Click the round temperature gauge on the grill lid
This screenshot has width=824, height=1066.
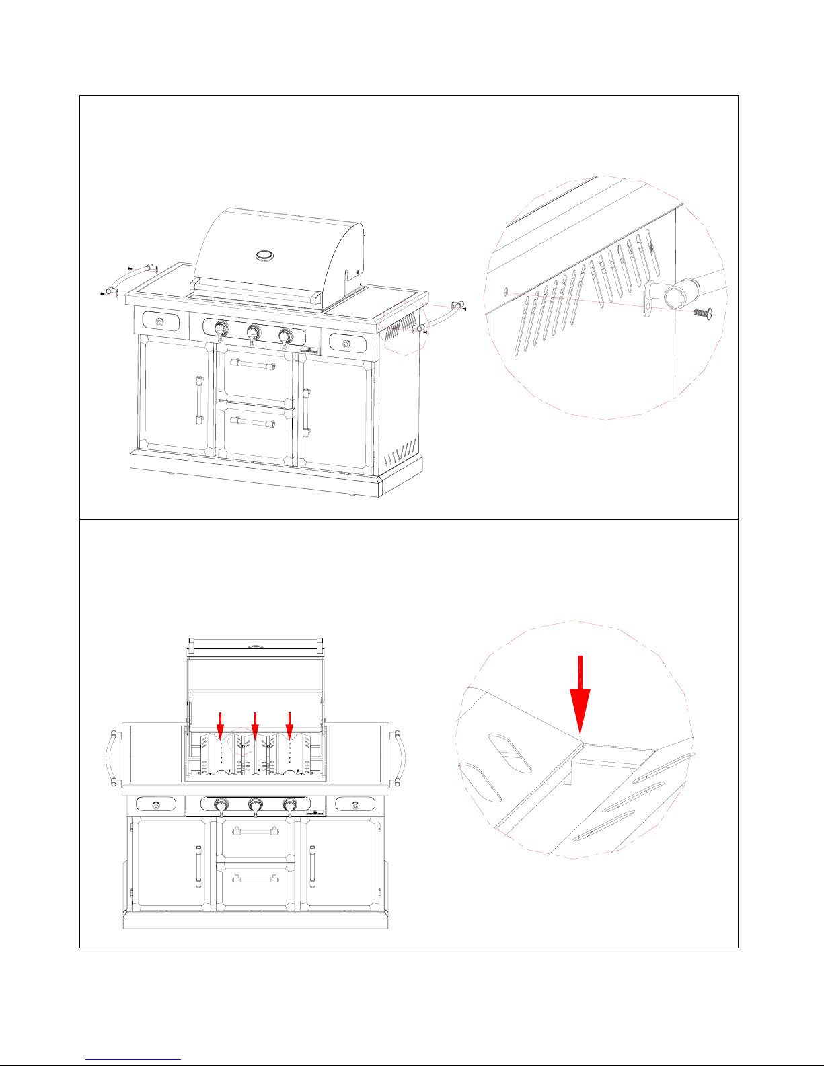pyautogui.click(x=265, y=255)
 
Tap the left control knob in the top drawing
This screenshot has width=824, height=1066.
pyautogui.click(x=220, y=329)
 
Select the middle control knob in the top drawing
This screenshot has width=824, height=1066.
pyautogui.click(x=254, y=332)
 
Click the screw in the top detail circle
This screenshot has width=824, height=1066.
pyautogui.click(x=702, y=313)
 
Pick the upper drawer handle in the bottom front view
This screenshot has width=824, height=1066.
pyautogui.click(x=256, y=832)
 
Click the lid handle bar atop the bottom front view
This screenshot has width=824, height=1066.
pyautogui.click(x=256, y=642)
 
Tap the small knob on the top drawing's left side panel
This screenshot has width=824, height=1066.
pyautogui.click(x=159, y=323)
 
